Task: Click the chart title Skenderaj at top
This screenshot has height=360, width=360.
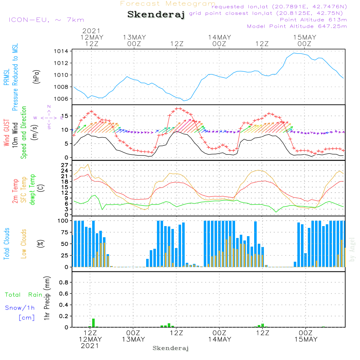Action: (156, 15)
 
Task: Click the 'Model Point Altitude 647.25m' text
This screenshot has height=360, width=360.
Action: (297, 26)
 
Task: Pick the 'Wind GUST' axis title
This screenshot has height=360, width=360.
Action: (6, 134)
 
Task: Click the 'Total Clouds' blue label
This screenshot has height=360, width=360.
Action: (6, 244)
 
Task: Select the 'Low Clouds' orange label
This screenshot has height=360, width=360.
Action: (24, 244)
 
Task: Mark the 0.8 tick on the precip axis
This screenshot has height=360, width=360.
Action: (64, 282)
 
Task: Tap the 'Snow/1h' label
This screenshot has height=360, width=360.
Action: (20, 308)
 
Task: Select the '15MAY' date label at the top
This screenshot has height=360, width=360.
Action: (305, 37)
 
